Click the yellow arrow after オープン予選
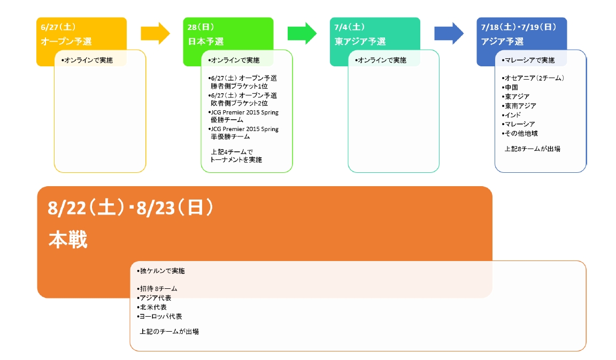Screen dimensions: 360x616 pos(155,33)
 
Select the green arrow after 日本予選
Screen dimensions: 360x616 pos(302,33)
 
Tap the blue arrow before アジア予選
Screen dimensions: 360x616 pos(449,33)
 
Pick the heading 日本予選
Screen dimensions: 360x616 pos(206,41)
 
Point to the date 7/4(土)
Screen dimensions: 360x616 pos(350,27)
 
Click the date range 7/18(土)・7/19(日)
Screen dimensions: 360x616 pos(519,27)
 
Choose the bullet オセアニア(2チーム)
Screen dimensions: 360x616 pos(533,78)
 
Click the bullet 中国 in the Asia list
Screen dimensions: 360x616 pos(510,87)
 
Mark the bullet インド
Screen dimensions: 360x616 pos(512,115)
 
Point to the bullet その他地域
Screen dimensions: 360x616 pos(519,133)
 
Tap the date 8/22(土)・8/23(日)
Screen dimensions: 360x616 pos(130,208)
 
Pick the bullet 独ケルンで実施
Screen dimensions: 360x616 pos(161,271)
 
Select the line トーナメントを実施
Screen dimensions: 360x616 pos(236,160)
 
